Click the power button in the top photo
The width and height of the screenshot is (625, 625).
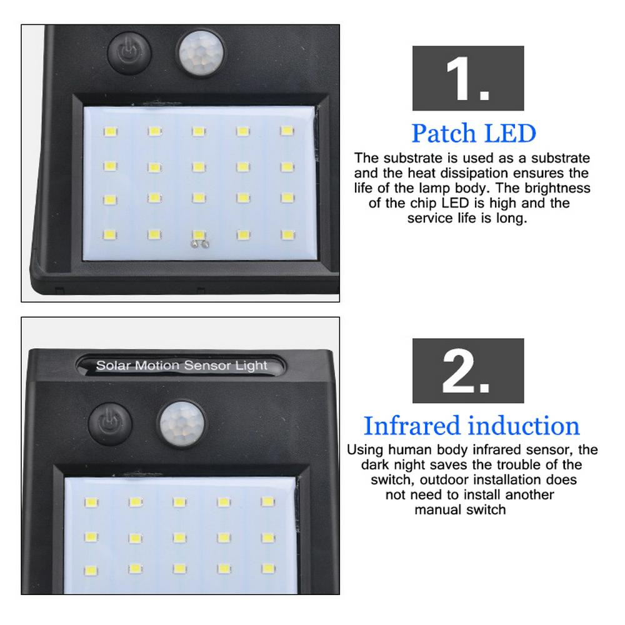[x=129, y=53]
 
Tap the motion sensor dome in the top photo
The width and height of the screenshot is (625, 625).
[x=201, y=53]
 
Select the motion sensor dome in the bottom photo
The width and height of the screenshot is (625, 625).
[x=182, y=424]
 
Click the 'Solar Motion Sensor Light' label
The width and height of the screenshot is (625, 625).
[x=181, y=366]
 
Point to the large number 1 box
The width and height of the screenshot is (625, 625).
[x=468, y=78]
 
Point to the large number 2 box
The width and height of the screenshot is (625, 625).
[x=468, y=371]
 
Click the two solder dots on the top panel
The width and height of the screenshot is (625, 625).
[x=200, y=244]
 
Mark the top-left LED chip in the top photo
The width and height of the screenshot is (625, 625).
[x=111, y=131]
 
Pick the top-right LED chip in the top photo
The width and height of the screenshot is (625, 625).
[x=287, y=131]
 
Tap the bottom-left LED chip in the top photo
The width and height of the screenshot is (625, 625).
[x=110, y=234]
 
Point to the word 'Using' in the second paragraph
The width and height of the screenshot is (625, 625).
[x=365, y=450]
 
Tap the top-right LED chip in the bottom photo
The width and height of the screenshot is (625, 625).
[x=268, y=501]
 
